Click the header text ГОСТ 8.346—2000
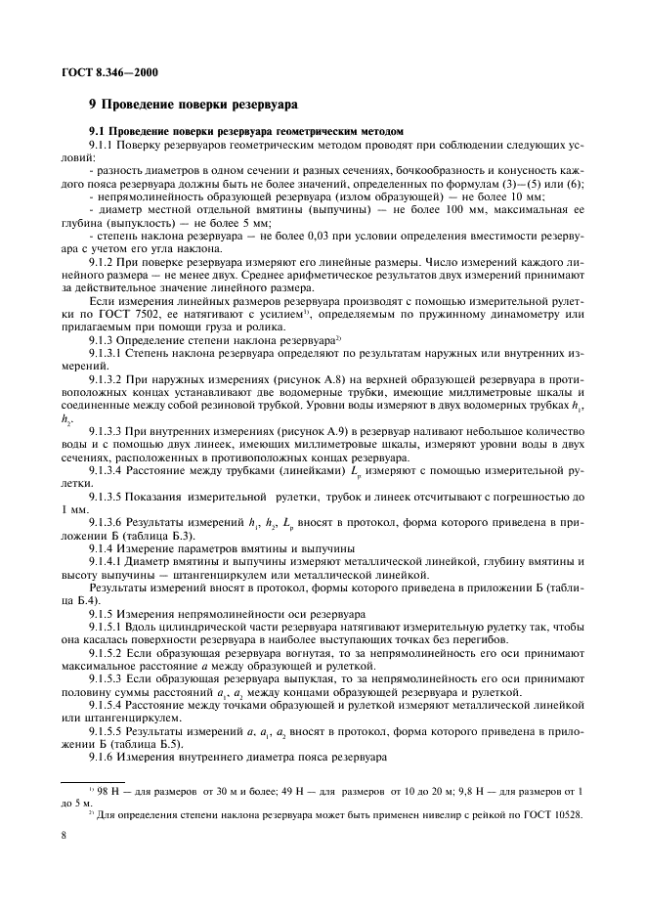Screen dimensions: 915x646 (x=102, y=71)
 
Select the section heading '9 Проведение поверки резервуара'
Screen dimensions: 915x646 (x=194, y=104)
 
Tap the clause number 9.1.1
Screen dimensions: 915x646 (x=104, y=145)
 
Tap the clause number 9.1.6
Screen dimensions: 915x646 (x=104, y=732)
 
